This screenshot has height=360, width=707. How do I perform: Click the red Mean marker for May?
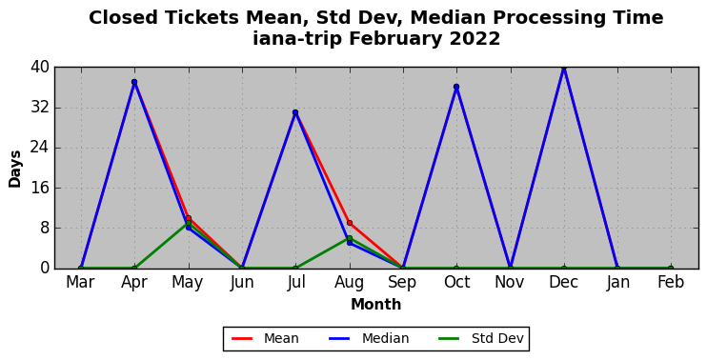pos(189,218)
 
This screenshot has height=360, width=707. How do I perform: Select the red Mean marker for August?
pos(350,223)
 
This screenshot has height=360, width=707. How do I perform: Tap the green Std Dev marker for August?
pos(350,238)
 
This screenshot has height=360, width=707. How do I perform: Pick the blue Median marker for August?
pos(350,243)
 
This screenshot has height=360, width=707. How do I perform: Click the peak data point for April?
pos(134,82)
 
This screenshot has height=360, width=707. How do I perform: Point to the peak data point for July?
pos(295,112)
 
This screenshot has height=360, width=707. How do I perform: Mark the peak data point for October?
pos(456,87)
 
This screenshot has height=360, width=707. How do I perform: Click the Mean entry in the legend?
pos(265,338)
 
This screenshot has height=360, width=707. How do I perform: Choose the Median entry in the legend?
pos(370,338)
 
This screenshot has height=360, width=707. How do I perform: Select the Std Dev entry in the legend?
pos(481,338)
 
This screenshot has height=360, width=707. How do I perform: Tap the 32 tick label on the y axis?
pos(40,109)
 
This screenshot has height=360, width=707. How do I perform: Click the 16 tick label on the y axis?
pos(40,188)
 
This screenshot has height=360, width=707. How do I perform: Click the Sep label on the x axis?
pos(403,283)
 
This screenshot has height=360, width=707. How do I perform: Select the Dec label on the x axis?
pos(564,283)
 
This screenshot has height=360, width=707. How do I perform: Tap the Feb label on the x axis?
pos(671,283)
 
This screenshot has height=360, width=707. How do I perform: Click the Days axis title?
pos(15,169)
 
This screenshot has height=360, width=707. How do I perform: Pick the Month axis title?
pos(376,305)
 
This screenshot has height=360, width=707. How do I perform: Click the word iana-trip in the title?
pos(296,39)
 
